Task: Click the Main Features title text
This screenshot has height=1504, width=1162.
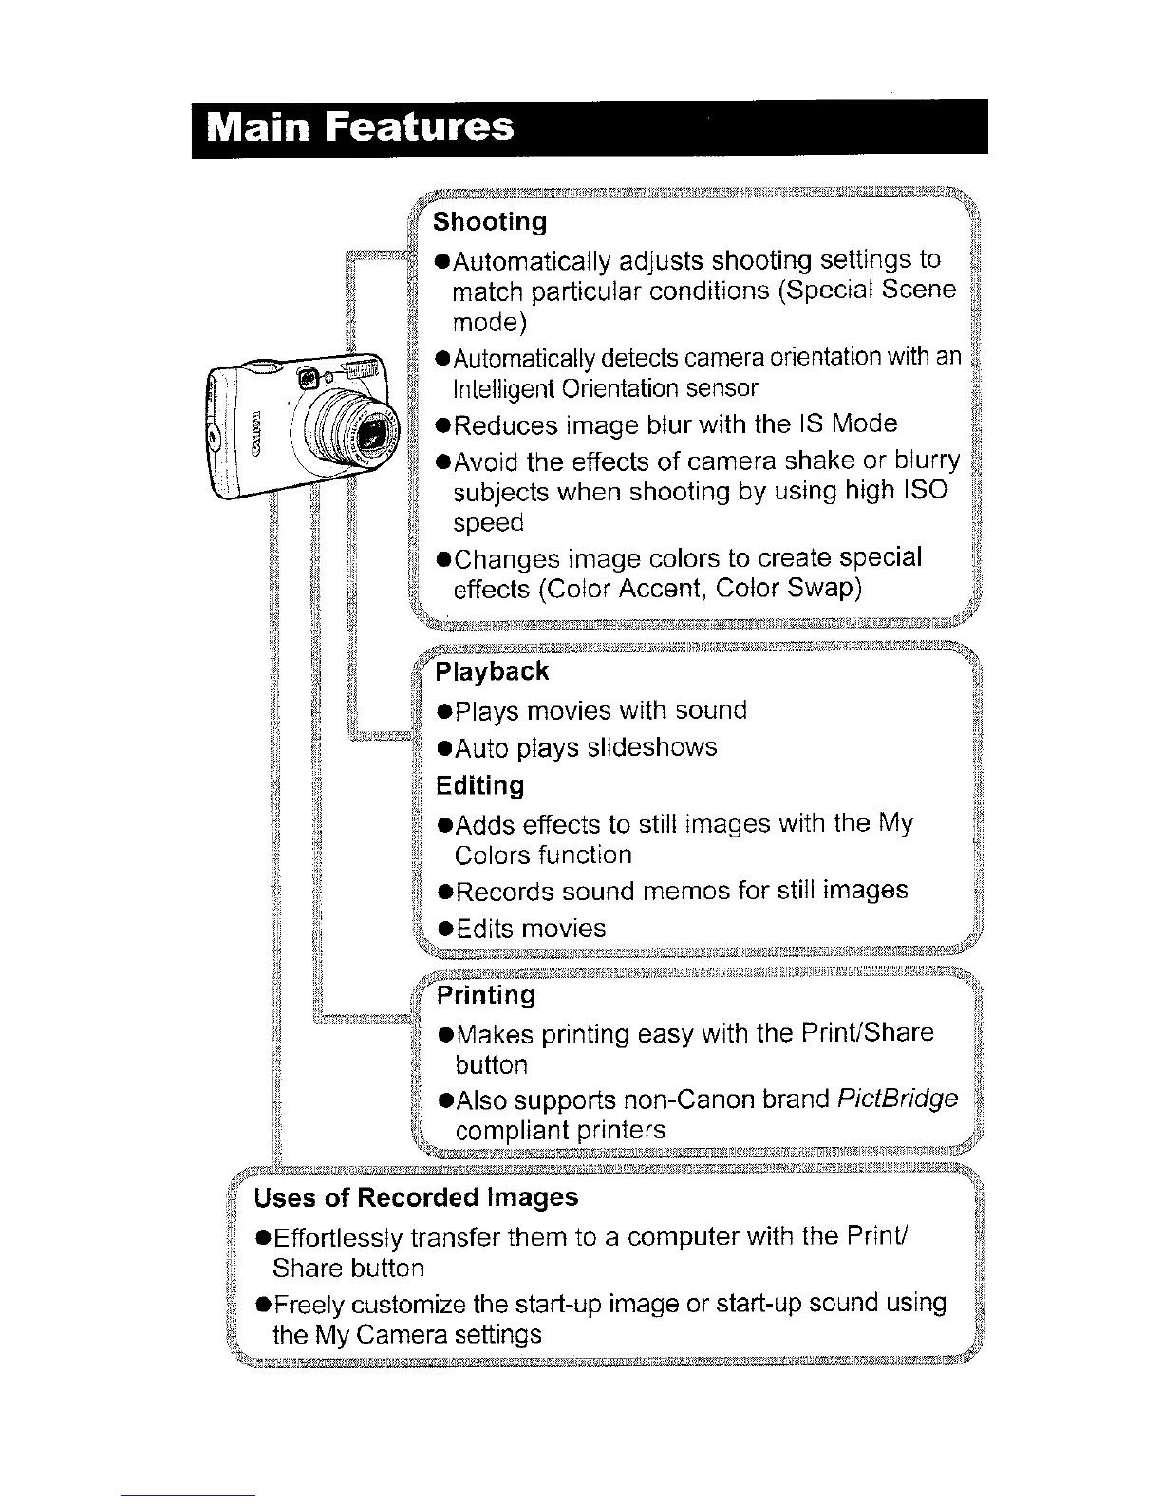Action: coord(361,127)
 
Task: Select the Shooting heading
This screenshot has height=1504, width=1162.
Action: coord(490,222)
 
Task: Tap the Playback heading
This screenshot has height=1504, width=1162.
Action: coord(492,672)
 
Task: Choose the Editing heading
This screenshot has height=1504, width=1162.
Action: coord(479,786)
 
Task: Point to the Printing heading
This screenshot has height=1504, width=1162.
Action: coord(485,995)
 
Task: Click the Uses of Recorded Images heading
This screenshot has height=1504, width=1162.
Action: coord(416,1197)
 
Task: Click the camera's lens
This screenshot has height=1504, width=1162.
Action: coord(371,435)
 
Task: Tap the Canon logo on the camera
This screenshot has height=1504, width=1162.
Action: coord(254,432)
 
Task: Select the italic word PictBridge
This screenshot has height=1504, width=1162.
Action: coord(897,1100)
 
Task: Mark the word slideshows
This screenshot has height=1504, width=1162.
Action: coord(652,747)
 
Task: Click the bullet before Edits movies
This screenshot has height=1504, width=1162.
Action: coord(443,929)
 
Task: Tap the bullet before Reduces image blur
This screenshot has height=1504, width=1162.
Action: coord(442,424)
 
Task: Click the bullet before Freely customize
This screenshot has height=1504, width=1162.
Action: coord(261,1304)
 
